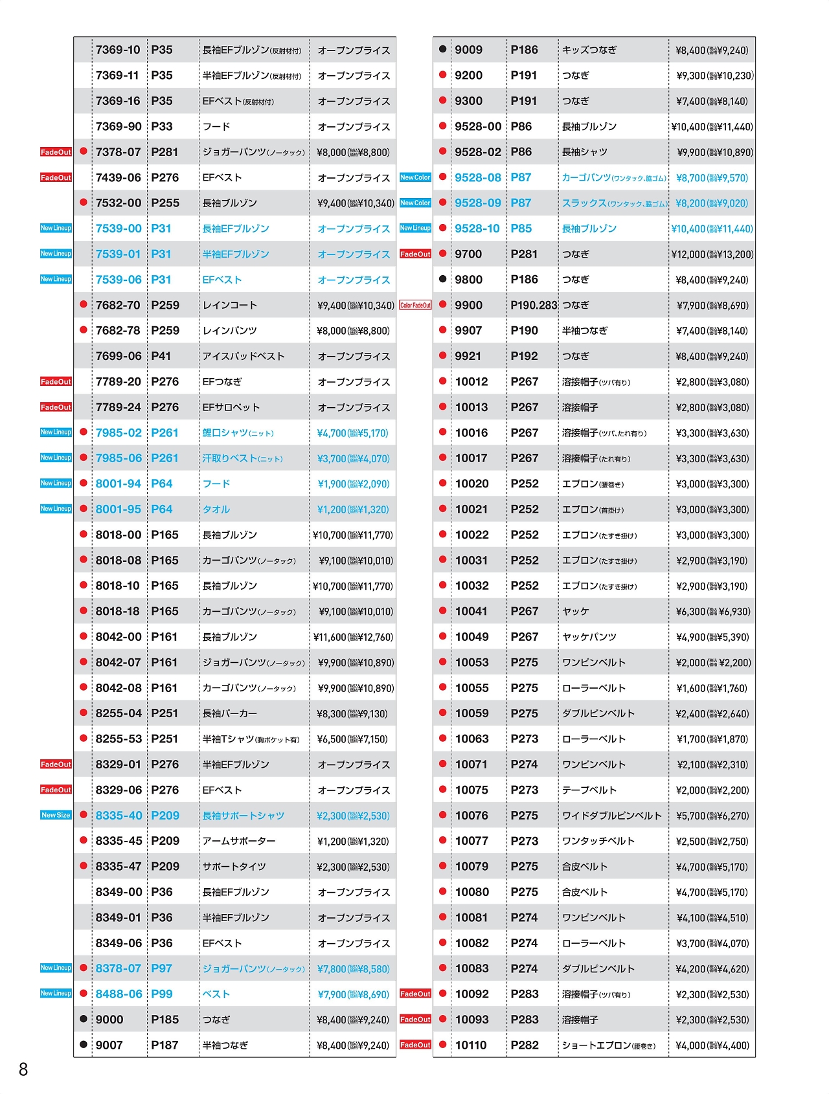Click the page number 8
pyautogui.click(x=23, y=1069)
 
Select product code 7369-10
pyautogui.click(x=118, y=50)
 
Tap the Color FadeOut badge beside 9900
pyautogui.click(x=415, y=305)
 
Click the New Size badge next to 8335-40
pyautogui.click(x=56, y=815)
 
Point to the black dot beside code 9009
pyautogui.click(x=443, y=49)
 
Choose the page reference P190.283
pyautogui.click(x=534, y=305)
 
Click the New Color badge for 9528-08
pyautogui.click(x=415, y=177)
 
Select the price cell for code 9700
pyautogui.click(x=712, y=254)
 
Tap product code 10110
pyautogui.click(x=471, y=1045)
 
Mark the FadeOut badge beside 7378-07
pyautogui.click(x=56, y=152)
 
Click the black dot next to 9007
pyautogui.click(x=84, y=1044)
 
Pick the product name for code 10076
pyautogui.click(x=611, y=816)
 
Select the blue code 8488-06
pyautogui.click(x=119, y=994)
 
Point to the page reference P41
pyautogui.click(x=161, y=356)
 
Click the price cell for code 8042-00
pyautogui.click(x=353, y=637)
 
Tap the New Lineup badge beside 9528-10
pyautogui.click(x=415, y=228)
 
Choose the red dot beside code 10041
pyautogui.click(x=443, y=610)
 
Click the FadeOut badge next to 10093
pyautogui.click(x=415, y=1020)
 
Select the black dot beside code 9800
pyautogui.click(x=443, y=279)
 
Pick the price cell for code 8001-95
pyautogui.click(x=353, y=509)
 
